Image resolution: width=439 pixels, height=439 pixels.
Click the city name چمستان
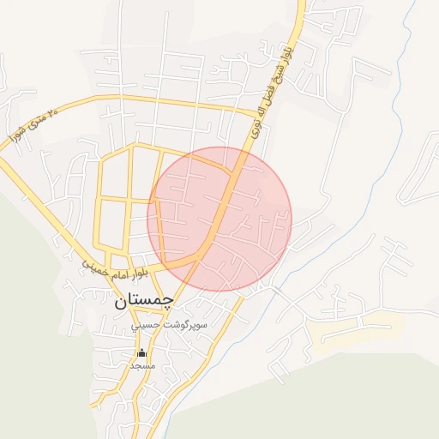pyautogui.click(x=143, y=301)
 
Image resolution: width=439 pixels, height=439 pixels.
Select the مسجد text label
pyautogui.click(x=141, y=365)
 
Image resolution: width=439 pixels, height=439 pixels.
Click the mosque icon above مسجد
pyautogui.click(x=141, y=352)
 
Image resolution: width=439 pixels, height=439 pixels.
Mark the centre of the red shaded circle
pyautogui.click(x=219, y=219)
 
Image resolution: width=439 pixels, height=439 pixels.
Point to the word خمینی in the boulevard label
pyautogui.click(x=95, y=267)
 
